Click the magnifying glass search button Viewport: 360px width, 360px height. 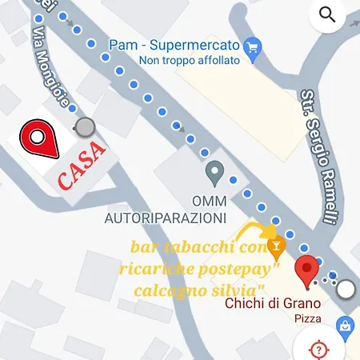[x=326, y=14]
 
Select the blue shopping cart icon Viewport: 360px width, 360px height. [x=254, y=46]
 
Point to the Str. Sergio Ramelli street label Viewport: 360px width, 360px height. [x=316, y=155]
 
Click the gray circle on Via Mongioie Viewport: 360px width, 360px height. [x=84, y=127]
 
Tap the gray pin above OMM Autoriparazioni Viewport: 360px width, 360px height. [x=214, y=170]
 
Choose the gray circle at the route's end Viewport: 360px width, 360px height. [x=346, y=289]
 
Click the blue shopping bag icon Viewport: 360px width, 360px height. [x=346, y=326]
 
